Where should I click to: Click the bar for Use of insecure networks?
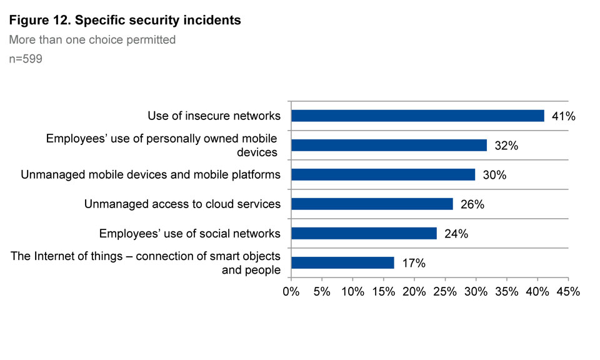click(x=417, y=116)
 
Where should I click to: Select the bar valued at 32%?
click(x=389, y=145)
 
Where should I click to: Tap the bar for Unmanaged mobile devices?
click(x=383, y=174)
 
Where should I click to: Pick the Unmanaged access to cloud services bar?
click(x=372, y=204)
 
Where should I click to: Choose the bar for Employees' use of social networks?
click(x=364, y=233)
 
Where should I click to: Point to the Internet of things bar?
click(x=342, y=262)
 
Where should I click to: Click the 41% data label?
click(x=563, y=116)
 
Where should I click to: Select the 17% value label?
click(x=413, y=263)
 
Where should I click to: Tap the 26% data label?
click(x=472, y=204)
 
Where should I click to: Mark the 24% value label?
click(x=456, y=234)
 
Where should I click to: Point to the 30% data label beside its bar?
click(x=494, y=175)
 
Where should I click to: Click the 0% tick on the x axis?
click(x=291, y=291)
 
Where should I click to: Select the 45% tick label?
click(x=567, y=291)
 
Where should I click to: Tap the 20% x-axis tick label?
click(x=414, y=291)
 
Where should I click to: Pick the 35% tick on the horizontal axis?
click(x=506, y=291)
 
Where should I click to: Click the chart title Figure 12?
click(x=125, y=21)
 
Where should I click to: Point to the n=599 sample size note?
click(x=26, y=60)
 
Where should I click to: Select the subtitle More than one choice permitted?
click(x=92, y=40)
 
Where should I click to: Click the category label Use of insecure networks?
click(x=214, y=116)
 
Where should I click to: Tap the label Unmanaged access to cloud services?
click(x=182, y=204)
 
